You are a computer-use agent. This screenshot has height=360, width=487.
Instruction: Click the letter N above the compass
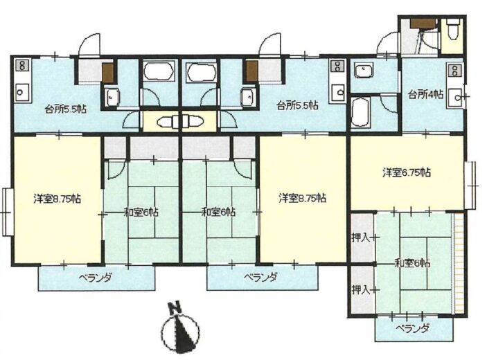175,308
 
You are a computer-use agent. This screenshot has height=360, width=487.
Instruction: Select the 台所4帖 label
426,94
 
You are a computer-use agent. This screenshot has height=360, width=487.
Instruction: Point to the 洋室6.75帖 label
406,172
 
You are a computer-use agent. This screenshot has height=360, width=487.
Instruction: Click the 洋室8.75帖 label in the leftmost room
57,198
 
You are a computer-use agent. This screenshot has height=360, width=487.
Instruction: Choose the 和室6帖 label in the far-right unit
412,264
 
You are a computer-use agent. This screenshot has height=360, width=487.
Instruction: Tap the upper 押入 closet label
360,237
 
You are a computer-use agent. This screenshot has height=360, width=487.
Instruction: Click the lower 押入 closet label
360,290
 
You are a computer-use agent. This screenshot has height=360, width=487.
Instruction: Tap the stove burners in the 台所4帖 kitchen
455,70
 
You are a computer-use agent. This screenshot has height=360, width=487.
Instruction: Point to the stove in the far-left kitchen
22,66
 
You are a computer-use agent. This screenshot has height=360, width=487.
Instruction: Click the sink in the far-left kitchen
22,92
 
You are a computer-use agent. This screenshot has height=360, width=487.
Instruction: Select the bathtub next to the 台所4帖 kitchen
360,111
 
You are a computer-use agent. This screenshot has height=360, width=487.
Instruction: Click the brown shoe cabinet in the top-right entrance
423,23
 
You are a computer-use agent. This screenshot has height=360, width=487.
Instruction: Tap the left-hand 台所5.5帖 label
66,109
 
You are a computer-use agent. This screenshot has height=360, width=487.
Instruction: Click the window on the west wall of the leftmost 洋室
7,212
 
